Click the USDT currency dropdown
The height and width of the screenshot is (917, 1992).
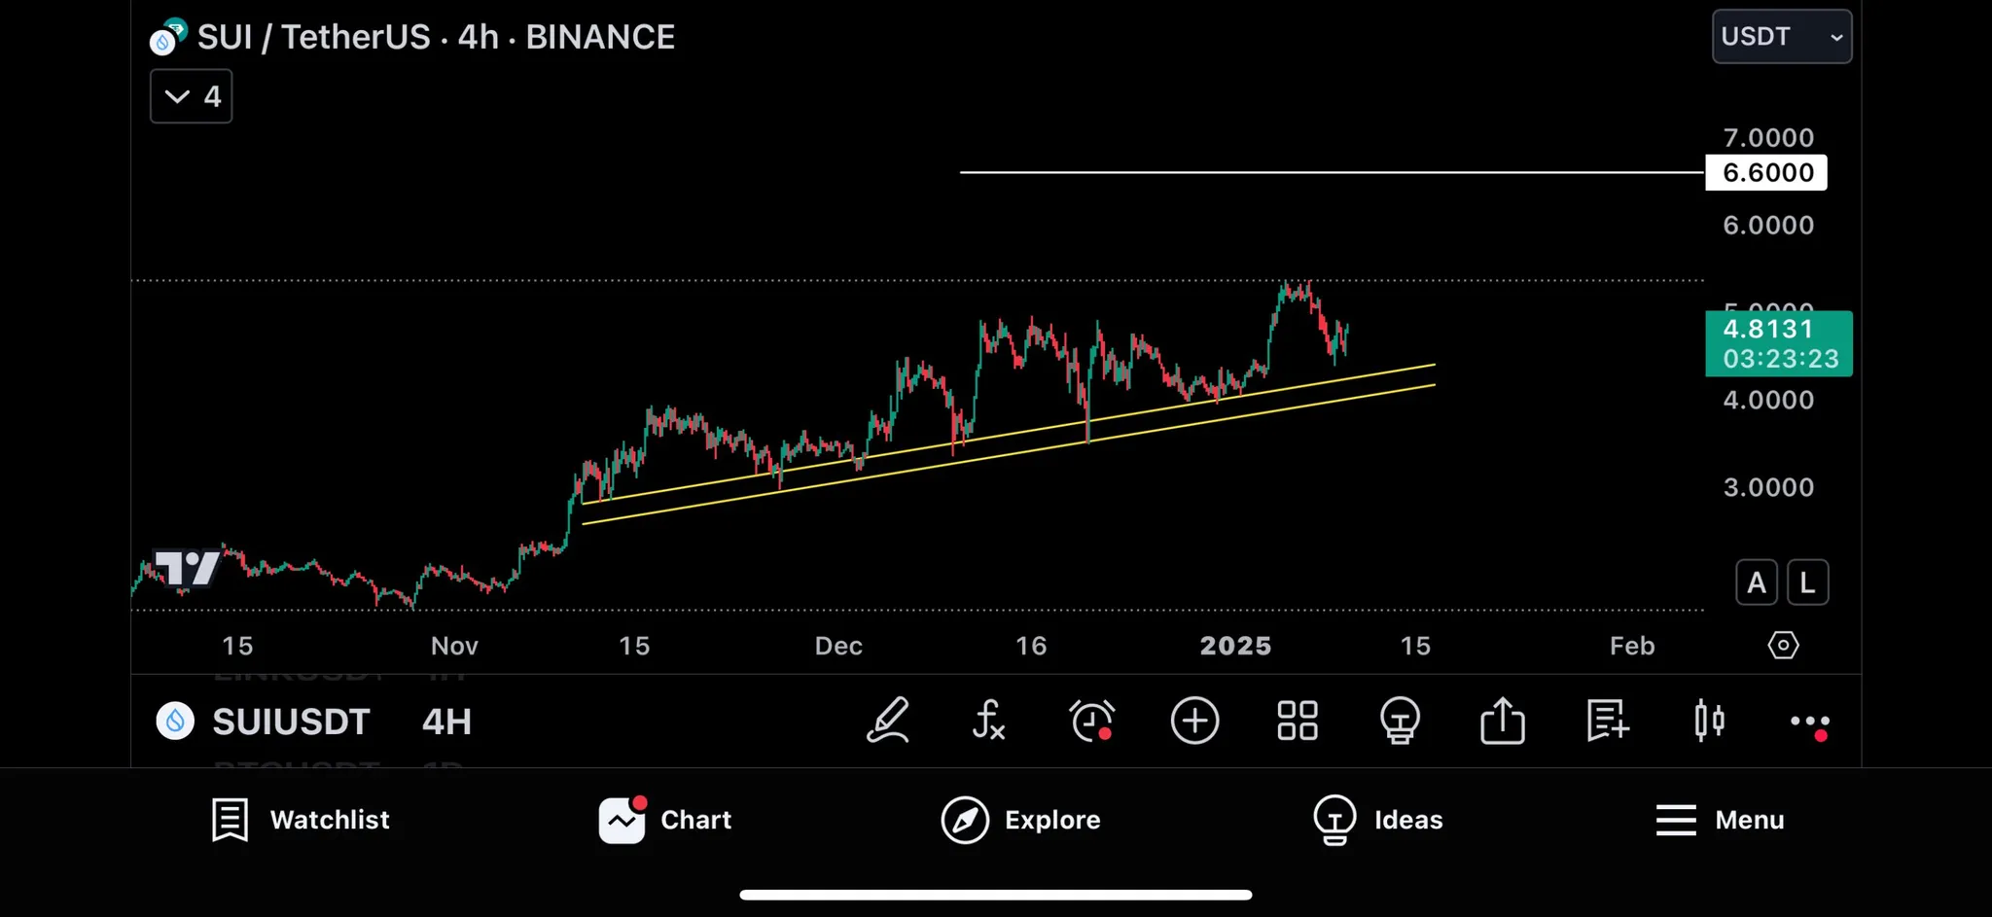pyautogui.click(x=1781, y=37)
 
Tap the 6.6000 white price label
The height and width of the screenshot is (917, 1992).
pyautogui.click(x=1766, y=173)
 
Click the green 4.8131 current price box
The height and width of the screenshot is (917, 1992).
pyautogui.click(x=1778, y=343)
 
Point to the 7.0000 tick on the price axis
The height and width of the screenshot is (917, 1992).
pyautogui.click(x=1767, y=138)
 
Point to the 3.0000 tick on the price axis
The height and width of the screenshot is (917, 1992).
pyautogui.click(x=1767, y=487)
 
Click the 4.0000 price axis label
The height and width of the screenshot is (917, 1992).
pyautogui.click(x=1767, y=400)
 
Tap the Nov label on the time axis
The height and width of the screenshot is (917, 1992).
pyautogui.click(x=454, y=646)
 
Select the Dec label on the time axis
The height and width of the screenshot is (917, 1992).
pyautogui.click(x=838, y=646)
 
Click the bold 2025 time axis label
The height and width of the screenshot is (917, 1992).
pyautogui.click(x=1235, y=646)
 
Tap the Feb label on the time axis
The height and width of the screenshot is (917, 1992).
pyautogui.click(x=1631, y=646)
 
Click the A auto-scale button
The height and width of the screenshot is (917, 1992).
pyautogui.click(x=1757, y=582)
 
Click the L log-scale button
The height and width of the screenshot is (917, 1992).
pyautogui.click(x=1807, y=582)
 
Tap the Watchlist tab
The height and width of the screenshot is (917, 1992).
pyautogui.click(x=301, y=820)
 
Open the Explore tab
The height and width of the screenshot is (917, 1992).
pyautogui.click(x=1020, y=820)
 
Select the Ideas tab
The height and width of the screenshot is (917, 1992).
pyautogui.click(x=1377, y=820)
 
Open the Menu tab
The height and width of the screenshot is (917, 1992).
pyautogui.click(x=1720, y=820)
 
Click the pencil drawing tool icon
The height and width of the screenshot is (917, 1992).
pyautogui.click(x=887, y=722)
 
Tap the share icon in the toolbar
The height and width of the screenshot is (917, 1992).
pyautogui.click(x=1502, y=722)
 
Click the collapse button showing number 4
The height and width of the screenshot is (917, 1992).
pyautogui.click(x=192, y=96)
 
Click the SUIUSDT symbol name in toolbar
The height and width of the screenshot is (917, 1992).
pyautogui.click(x=291, y=722)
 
